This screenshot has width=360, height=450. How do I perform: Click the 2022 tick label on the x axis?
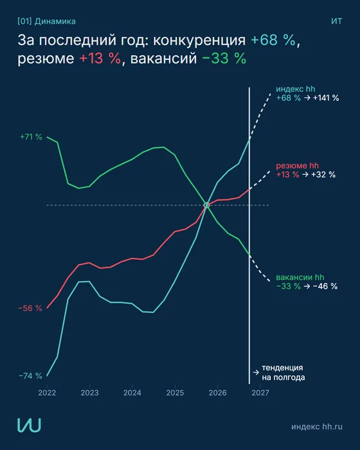(x=47, y=393)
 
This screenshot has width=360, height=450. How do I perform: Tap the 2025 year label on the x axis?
(x=175, y=393)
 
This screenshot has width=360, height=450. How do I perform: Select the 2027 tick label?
(x=260, y=393)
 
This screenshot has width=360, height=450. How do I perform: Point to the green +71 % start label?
(x=31, y=137)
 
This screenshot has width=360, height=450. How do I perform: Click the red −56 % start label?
(x=30, y=308)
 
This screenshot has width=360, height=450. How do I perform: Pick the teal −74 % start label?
(x=30, y=375)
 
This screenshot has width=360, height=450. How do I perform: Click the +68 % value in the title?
(x=273, y=40)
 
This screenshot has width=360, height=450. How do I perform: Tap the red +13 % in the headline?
(x=100, y=59)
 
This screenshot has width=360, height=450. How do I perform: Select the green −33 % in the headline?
(x=224, y=59)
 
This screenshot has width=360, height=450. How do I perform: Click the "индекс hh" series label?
(x=296, y=89)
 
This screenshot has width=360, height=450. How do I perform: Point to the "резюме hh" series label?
(x=297, y=166)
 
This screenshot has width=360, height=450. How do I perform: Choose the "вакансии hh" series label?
(x=300, y=277)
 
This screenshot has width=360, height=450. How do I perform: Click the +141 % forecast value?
(x=326, y=98)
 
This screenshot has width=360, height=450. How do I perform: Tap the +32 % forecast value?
(x=323, y=174)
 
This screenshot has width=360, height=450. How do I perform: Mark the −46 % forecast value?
(x=325, y=286)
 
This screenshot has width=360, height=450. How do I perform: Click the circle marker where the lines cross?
(x=206, y=205)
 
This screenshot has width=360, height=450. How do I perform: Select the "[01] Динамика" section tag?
(x=46, y=21)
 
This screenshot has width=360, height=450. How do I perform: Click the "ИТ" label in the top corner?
(x=337, y=21)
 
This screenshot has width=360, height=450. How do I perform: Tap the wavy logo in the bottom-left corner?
(x=29, y=425)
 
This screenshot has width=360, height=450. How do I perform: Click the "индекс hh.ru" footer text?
(x=317, y=426)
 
